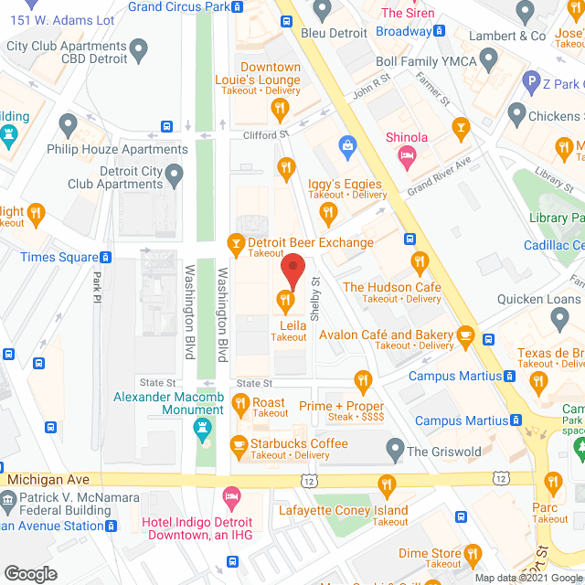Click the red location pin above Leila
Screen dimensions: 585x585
[x=292, y=271]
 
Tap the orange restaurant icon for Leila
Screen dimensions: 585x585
[x=286, y=298]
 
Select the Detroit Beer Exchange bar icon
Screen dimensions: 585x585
[x=235, y=243]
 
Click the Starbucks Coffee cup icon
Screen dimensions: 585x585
[x=239, y=445]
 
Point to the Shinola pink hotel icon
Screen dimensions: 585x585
[x=406, y=157]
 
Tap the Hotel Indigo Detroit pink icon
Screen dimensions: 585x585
[x=232, y=498]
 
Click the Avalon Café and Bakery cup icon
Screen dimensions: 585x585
[x=465, y=335]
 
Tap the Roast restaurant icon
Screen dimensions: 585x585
[x=240, y=402]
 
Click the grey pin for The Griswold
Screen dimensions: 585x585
[x=395, y=450]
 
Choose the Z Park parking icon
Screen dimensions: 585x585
[x=530, y=84]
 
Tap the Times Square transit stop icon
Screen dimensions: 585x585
[x=110, y=258]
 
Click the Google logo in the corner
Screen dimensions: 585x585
[x=30, y=573]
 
